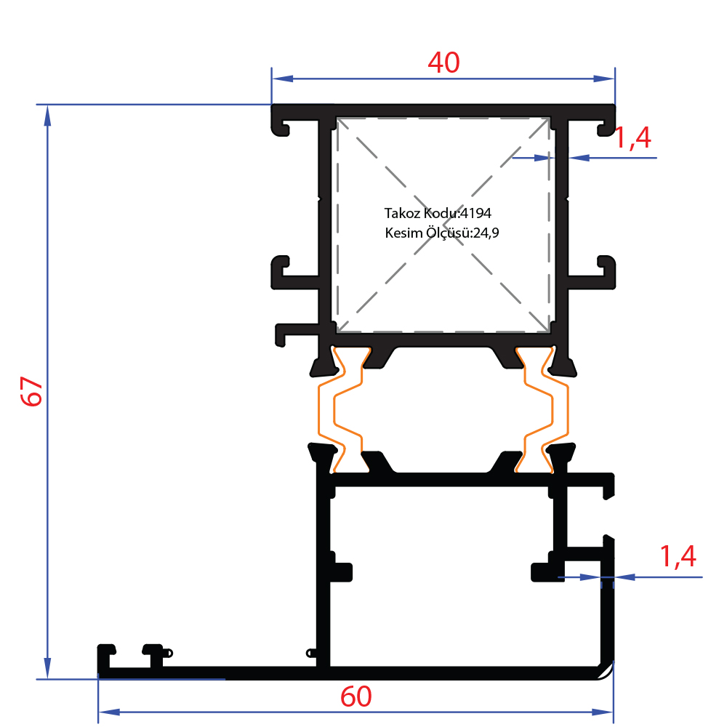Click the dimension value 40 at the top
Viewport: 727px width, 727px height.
(x=443, y=63)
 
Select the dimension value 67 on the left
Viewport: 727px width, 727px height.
(x=32, y=392)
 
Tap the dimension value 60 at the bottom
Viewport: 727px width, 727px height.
(x=356, y=697)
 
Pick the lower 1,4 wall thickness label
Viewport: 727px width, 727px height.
(x=678, y=556)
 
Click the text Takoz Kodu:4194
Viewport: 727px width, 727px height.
(x=438, y=213)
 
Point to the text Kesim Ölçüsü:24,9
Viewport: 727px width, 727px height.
(x=442, y=233)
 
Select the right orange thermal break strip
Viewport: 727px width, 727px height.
(x=542, y=409)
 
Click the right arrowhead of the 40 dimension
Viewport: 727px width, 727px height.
(x=604, y=79)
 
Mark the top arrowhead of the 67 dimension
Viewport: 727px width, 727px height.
(x=47, y=116)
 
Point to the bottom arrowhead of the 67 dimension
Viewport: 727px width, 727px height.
(x=47, y=668)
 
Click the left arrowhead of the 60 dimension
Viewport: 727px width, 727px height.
(x=110, y=712)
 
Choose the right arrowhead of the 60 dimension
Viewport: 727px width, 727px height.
(x=602, y=712)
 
